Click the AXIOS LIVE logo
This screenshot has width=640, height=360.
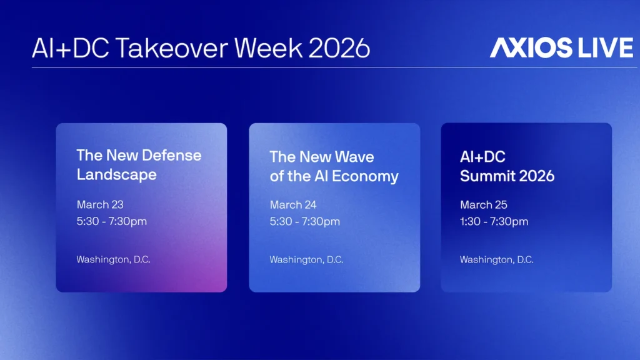click(561, 47)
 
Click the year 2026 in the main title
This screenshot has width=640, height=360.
click(339, 48)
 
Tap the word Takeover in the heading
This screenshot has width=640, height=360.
click(171, 48)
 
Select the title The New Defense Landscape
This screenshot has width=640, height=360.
click(139, 164)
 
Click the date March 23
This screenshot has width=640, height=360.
click(100, 204)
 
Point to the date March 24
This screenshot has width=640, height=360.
click(293, 204)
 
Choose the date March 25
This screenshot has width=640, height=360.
click(483, 204)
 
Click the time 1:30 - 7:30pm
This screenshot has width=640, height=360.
click(494, 222)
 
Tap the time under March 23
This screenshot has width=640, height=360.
click(111, 221)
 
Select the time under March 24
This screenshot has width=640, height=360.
click(304, 222)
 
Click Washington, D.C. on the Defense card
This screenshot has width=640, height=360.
click(113, 259)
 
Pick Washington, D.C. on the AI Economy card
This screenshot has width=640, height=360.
click(306, 259)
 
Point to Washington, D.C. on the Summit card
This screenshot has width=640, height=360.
click(496, 259)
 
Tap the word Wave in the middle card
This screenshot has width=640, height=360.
click(354, 157)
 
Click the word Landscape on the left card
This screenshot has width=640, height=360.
click(117, 175)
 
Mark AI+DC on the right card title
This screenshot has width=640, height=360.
click(482, 157)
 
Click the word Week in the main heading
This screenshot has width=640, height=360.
click(268, 48)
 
